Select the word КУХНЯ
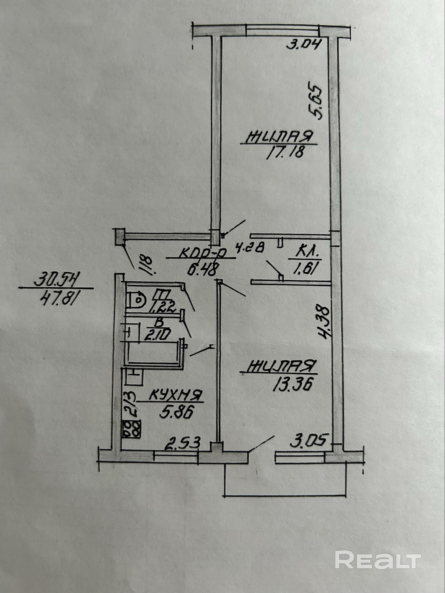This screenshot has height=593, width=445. (176, 395)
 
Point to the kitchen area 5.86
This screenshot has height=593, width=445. (176, 412)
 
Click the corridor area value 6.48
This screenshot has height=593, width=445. (203, 270)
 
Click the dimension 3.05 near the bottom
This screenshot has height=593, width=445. (309, 441)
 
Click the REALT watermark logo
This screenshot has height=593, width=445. (378, 559)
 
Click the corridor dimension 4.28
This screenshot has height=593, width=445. (249, 247)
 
